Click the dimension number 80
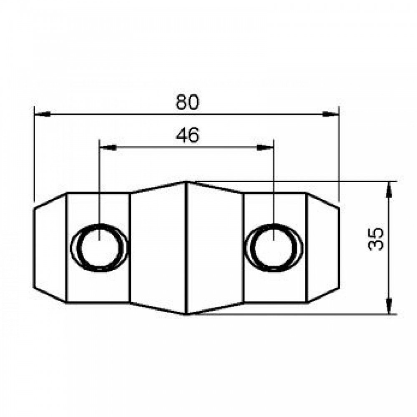187,102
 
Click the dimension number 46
187,135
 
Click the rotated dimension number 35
376,239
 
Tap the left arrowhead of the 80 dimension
43,114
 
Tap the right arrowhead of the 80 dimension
331,114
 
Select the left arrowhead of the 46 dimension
108,147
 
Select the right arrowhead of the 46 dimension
265,147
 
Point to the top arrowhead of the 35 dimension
389,190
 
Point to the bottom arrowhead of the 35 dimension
389,306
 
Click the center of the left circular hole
99,248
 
